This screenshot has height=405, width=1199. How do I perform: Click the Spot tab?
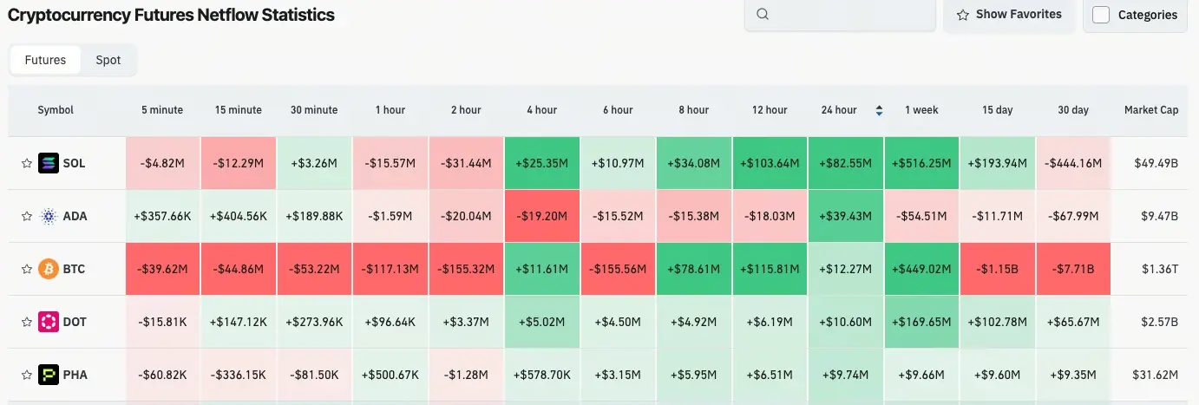click(108, 60)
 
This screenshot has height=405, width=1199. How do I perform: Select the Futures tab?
click(45, 60)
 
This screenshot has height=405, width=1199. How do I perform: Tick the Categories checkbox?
click(1101, 15)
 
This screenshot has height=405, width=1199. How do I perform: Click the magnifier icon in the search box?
click(763, 15)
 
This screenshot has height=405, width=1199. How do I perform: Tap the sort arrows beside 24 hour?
click(879, 110)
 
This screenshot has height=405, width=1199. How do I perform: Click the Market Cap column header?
click(1150, 110)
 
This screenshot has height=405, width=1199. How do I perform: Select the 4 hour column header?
click(541, 110)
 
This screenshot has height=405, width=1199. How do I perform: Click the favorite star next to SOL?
click(26, 163)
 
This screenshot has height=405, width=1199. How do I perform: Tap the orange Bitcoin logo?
click(49, 269)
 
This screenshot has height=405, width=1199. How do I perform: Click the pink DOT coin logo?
click(49, 322)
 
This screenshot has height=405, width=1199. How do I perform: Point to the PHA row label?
click(75, 375)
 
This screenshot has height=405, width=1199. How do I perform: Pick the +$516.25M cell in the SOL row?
click(921, 163)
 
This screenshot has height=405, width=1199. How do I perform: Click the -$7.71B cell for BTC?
click(1073, 269)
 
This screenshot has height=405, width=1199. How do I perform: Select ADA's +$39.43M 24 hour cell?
click(846, 216)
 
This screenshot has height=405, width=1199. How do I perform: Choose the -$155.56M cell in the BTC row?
click(618, 269)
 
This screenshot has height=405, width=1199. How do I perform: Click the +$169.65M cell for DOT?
click(921, 322)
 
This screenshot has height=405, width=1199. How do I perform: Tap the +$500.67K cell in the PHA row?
click(390, 375)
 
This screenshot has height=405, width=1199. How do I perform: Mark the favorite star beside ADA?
click(26, 216)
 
